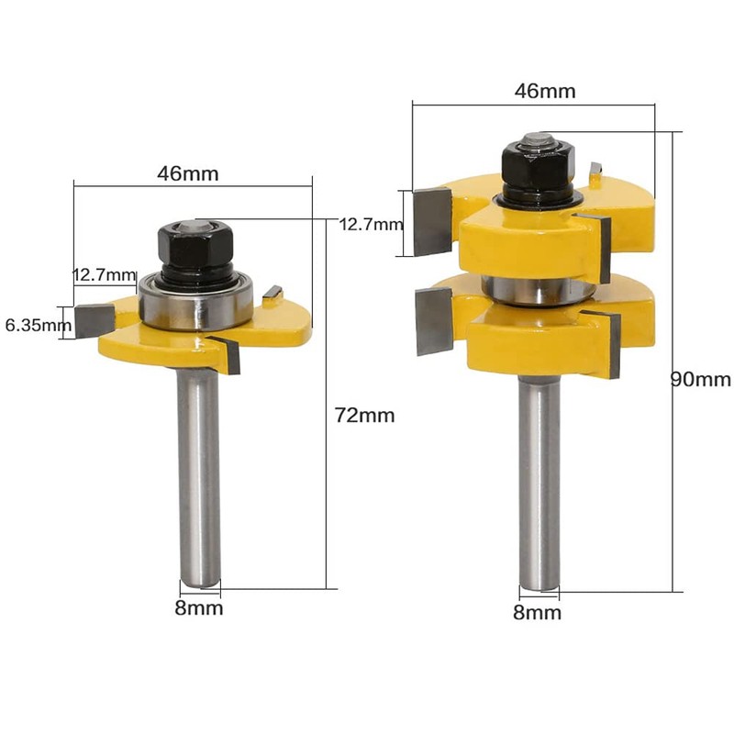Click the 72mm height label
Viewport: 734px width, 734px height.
(364, 416)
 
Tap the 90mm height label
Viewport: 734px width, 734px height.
(701, 379)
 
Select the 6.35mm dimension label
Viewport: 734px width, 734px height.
(38, 325)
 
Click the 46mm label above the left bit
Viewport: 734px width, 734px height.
(188, 173)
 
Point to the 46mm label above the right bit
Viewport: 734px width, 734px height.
(545, 91)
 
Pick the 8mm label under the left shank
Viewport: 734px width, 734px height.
(199, 608)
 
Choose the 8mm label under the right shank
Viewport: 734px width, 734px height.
(537, 612)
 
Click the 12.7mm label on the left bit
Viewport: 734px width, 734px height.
(104, 274)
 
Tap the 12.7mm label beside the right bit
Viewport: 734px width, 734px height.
(371, 225)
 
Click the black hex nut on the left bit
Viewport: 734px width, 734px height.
(195, 244)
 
